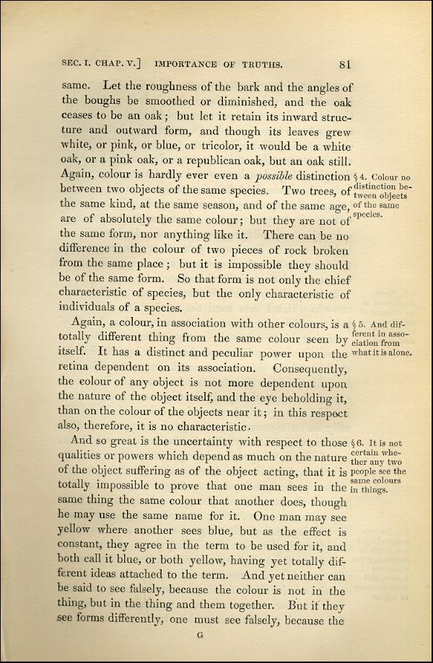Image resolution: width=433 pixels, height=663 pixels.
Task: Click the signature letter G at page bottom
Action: click(x=202, y=635)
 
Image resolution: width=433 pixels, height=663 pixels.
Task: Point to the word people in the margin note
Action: click(x=369, y=472)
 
